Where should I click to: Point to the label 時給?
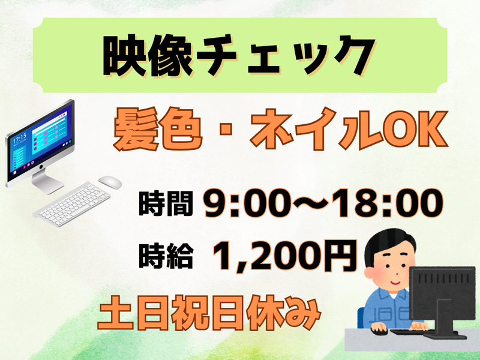(165, 255)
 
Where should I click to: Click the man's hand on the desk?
(379, 328)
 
